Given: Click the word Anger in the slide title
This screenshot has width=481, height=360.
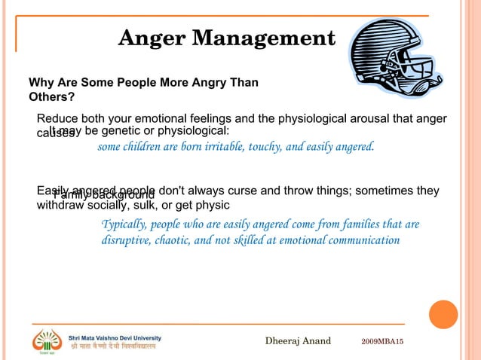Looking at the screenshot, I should [x=151, y=38].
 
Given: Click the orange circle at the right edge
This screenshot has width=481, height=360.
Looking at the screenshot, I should [x=443, y=313].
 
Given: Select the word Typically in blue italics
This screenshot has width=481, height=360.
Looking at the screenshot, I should [x=124, y=225].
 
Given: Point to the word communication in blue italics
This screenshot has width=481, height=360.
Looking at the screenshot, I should [x=362, y=241].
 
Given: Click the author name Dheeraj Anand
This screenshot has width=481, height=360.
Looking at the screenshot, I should [x=298, y=342].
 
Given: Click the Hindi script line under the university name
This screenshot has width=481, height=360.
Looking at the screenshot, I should [x=113, y=348].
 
